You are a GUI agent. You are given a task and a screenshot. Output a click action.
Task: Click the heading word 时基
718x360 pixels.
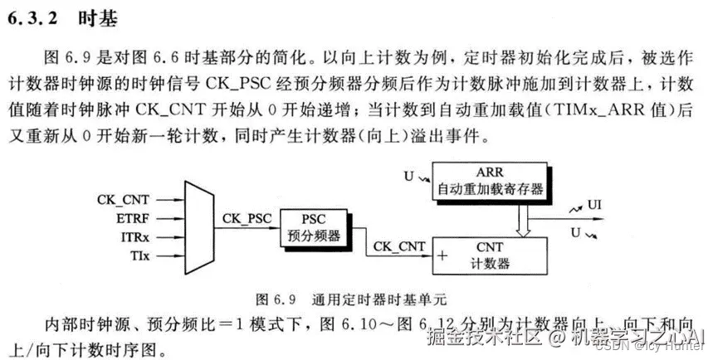[x=97, y=18]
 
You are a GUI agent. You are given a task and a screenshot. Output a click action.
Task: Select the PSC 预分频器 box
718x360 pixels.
[x=314, y=227]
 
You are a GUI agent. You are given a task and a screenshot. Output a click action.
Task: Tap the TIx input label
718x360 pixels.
[x=138, y=256]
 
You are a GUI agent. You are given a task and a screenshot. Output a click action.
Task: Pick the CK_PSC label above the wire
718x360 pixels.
[x=247, y=219]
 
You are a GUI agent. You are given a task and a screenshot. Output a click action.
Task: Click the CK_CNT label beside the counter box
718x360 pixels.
[x=399, y=246]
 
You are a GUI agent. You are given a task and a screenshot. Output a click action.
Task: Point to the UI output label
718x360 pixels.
[x=595, y=204]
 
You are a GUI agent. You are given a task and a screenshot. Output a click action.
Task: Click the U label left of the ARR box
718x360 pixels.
[x=408, y=176]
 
